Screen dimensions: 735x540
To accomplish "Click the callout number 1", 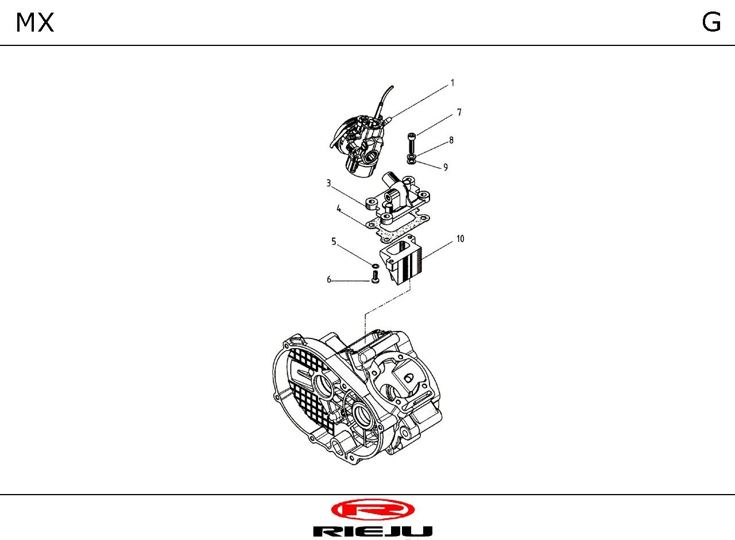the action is [x=452, y=83].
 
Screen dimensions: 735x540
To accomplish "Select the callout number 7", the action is [x=459, y=113].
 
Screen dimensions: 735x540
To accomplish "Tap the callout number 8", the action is [x=451, y=140].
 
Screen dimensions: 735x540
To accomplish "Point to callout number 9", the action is [x=446, y=167].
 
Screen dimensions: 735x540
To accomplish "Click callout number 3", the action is [x=328, y=183].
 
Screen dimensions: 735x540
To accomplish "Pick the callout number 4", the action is [x=339, y=209].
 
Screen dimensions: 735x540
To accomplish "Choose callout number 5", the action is [x=334, y=242].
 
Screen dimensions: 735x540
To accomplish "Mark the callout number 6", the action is [x=329, y=280].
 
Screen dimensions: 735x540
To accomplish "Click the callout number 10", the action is [x=461, y=239].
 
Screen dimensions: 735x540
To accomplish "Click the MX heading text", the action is [x=35, y=22].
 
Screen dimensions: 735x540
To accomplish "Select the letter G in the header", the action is [x=711, y=22].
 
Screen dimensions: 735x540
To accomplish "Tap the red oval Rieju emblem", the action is [x=373, y=510].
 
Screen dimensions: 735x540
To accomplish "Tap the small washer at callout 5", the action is [x=376, y=265].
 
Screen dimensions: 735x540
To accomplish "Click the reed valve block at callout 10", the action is [x=401, y=260].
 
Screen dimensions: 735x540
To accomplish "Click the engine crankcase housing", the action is [x=357, y=398].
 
